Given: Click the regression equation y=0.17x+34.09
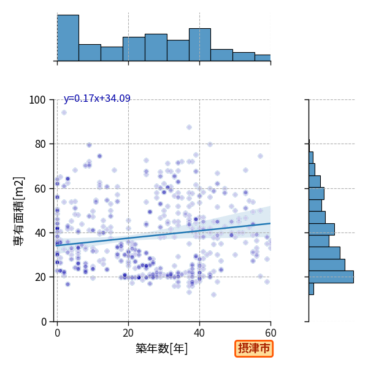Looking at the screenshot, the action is (x=97, y=98).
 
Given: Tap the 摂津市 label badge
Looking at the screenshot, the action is (x=254, y=348).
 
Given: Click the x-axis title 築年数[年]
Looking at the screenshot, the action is (x=162, y=348).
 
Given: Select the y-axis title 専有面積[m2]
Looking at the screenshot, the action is (x=19, y=211).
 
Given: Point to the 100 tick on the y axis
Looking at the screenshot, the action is (x=37, y=100).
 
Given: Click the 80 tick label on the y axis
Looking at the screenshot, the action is (x=40, y=144).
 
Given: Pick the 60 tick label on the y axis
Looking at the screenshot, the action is (x=40, y=189).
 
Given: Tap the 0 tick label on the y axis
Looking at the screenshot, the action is (x=44, y=322).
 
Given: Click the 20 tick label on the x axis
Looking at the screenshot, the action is (x=128, y=333).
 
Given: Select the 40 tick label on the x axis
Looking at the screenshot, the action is (x=199, y=333).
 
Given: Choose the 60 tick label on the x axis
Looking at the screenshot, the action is (x=270, y=333).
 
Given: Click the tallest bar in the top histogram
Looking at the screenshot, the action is (x=68, y=38).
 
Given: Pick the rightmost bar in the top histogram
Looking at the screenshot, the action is (x=263, y=58).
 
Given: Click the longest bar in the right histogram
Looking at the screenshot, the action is (x=331, y=277).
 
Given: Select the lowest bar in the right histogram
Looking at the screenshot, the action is (x=311, y=289).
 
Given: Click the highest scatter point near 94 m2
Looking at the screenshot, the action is (x=64, y=113).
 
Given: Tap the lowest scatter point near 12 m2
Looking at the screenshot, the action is (x=213, y=295).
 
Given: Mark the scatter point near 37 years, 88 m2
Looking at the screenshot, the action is (x=189, y=128).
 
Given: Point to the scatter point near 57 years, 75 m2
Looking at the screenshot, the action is (x=260, y=156).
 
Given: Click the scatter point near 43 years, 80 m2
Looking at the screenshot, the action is (x=210, y=144).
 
